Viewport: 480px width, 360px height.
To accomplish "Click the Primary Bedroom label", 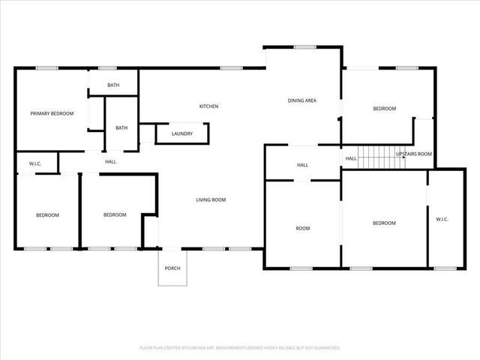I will coord(52,113).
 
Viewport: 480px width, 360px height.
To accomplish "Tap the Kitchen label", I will coord(208,106).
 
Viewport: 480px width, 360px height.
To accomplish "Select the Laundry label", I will coord(182,134).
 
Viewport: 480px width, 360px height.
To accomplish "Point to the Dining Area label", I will coord(302,100).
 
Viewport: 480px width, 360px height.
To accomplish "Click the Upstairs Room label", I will coord(414,154).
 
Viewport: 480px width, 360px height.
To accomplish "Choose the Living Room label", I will coord(211,199).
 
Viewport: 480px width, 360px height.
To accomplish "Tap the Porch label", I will coord(172,268).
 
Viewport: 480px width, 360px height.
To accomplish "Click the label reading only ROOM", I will coord(302,228).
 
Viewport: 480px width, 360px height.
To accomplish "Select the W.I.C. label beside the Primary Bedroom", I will coord(35,163).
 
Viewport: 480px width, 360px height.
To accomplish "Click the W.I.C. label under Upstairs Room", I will coord(442,219).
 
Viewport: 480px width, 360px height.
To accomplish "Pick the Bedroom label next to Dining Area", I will coord(384,109).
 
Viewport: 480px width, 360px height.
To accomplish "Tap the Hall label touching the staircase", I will coord(351,158).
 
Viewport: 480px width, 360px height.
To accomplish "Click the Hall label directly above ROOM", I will coord(302,165).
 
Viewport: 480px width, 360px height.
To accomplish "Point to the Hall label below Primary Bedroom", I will coord(110,161).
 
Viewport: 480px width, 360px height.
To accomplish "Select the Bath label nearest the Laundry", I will coord(121,127).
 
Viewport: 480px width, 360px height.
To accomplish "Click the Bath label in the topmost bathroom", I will coord(113,85).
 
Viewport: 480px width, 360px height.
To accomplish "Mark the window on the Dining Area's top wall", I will coord(304,47).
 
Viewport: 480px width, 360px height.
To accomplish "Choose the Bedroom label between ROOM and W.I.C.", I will coord(384,223).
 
